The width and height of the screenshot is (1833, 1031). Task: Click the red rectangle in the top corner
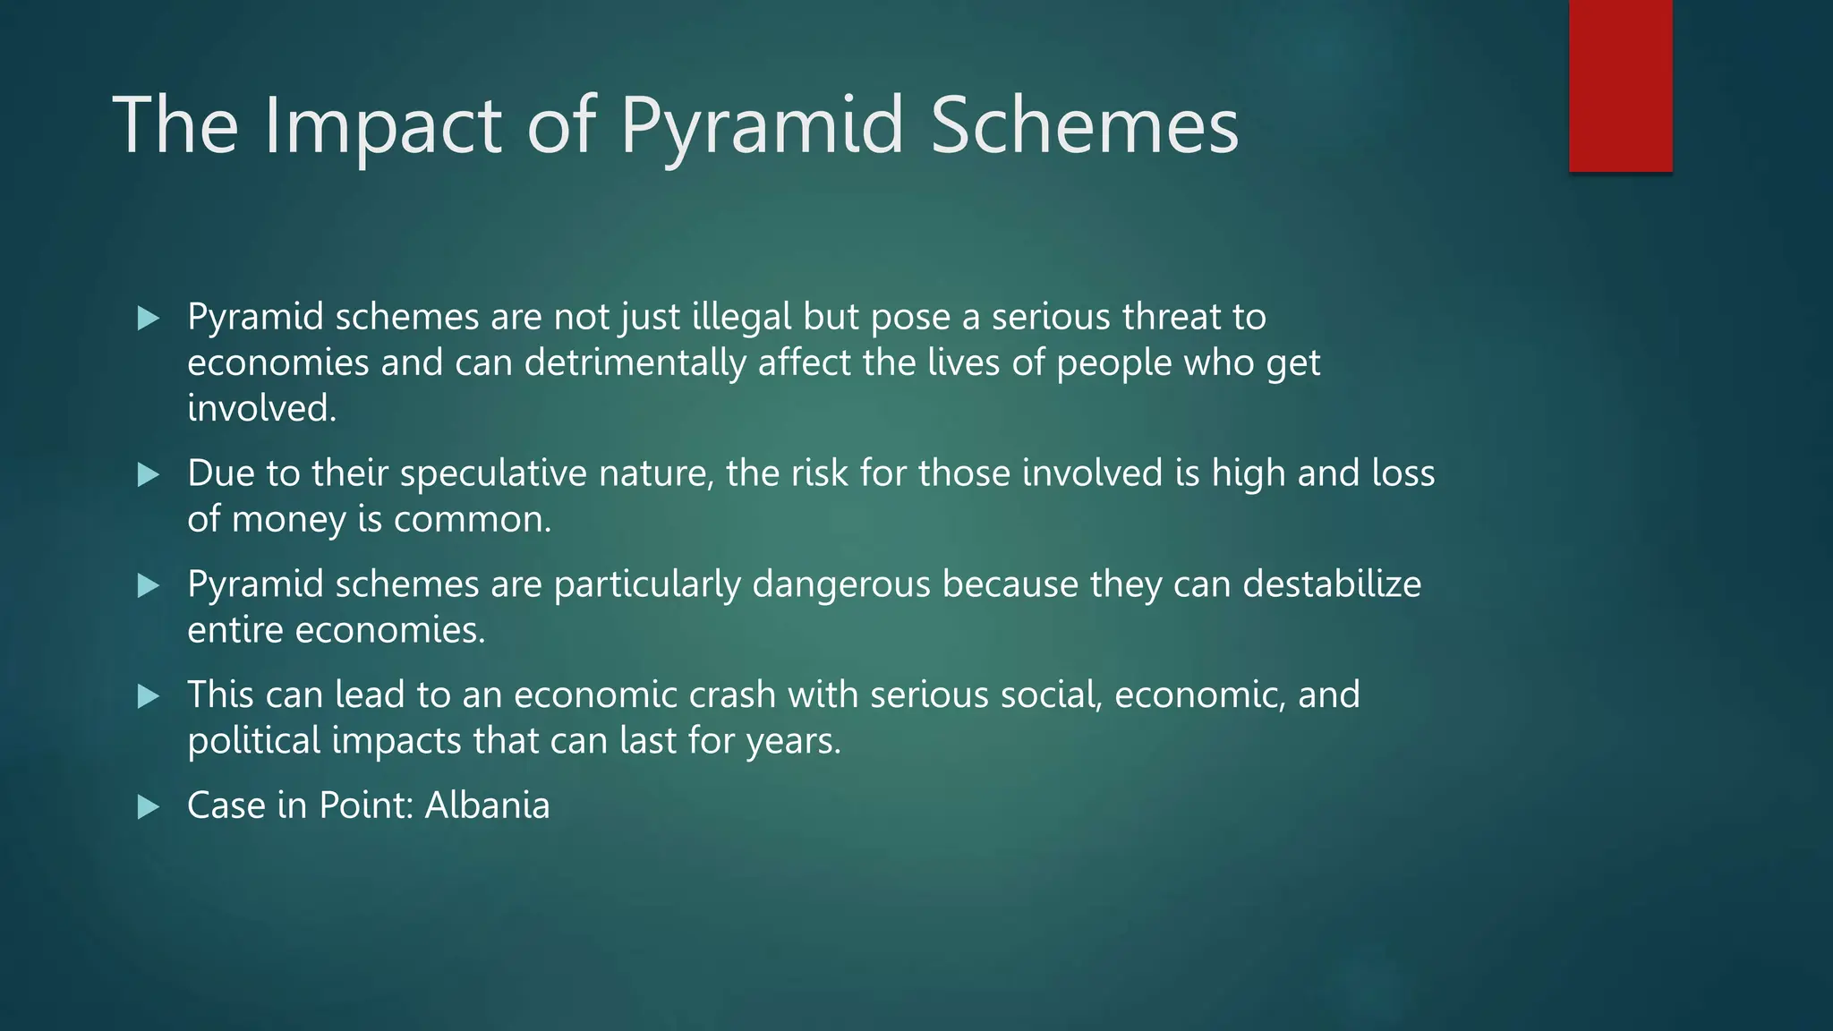tap(1620, 86)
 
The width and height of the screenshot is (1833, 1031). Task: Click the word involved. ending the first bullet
tap(261, 409)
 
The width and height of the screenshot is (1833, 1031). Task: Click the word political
tap(253, 741)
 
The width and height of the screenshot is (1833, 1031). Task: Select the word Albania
tap(487, 805)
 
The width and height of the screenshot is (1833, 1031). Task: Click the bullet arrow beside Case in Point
tap(149, 807)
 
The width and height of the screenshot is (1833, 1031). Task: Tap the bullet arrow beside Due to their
tap(149, 475)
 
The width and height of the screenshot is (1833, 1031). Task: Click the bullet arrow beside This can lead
tap(149, 696)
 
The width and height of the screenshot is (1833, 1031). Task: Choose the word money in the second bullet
tap(288, 520)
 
